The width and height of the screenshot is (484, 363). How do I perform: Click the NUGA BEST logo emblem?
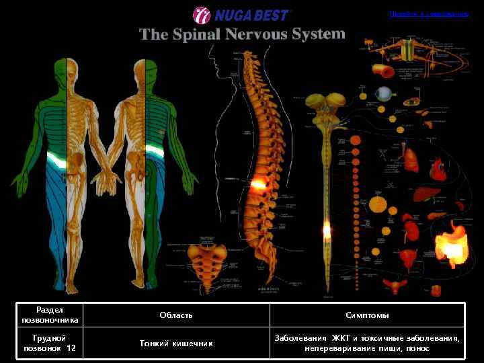(x=202, y=15)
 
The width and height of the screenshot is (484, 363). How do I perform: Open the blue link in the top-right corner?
(x=428, y=13)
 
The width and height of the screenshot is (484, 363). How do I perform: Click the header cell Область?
(x=176, y=315)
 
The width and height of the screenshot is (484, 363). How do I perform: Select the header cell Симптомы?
(x=367, y=315)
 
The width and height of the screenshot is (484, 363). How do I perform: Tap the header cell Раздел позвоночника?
(x=50, y=315)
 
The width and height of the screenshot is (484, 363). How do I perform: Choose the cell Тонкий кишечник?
(x=176, y=343)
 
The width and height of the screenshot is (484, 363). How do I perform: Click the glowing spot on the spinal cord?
(x=327, y=231)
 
